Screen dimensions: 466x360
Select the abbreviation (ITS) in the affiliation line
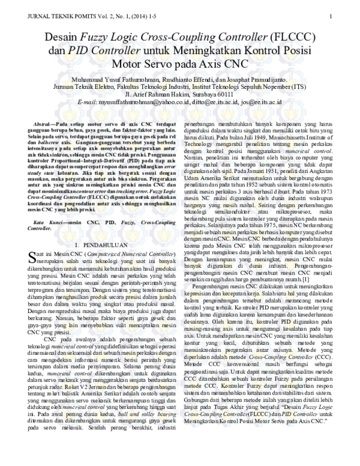tap(297, 86)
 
